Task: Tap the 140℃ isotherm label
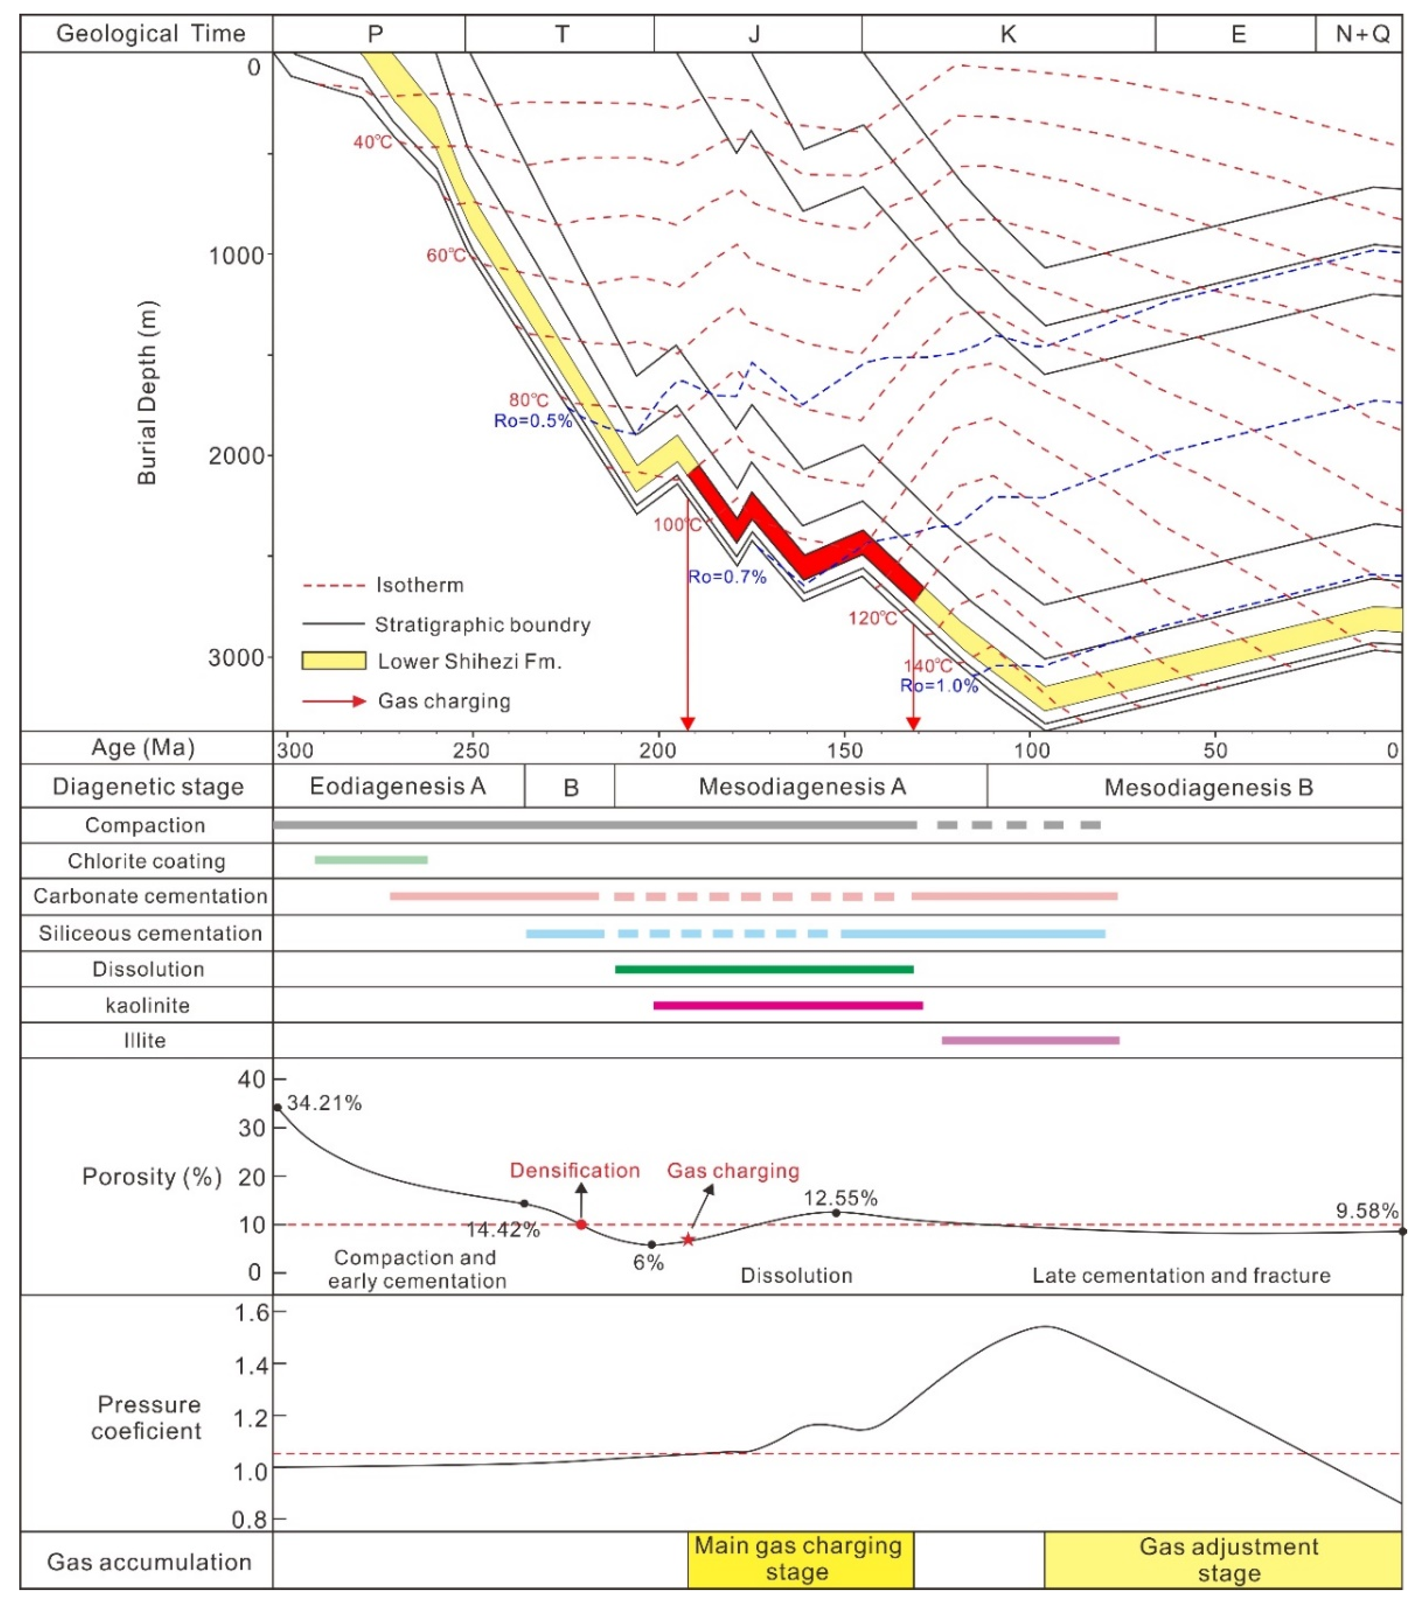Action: tap(927, 666)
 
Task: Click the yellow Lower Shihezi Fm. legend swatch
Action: tap(334, 661)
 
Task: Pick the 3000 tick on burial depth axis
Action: tap(236, 657)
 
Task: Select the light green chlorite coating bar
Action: tap(371, 860)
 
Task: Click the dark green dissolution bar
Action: tap(764, 969)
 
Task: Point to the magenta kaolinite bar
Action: tap(788, 1005)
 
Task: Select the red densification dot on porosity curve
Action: tap(581, 1224)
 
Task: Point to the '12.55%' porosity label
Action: tap(840, 1198)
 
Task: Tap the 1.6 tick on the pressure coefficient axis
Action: tap(252, 1312)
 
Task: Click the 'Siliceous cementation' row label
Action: tap(150, 933)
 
